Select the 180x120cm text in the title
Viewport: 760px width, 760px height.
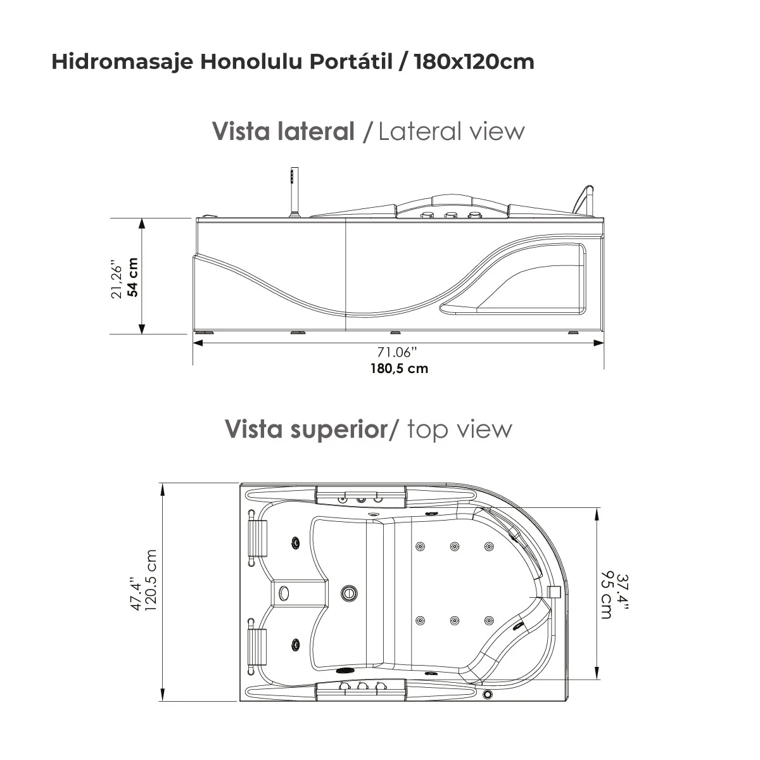[474, 61]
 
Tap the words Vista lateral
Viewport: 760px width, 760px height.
[283, 131]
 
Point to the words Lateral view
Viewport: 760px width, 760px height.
[452, 131]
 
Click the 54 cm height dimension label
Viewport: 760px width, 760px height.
[132, 277]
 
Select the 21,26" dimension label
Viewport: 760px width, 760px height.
[117, 277]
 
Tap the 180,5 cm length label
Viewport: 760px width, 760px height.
[399, 368]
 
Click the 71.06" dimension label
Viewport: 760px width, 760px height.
[398, 353]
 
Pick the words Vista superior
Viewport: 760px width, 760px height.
[306, 429]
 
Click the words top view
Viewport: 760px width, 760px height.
[459, 429]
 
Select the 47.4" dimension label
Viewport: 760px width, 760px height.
[136, 593]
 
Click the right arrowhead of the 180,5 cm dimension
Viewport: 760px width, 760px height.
[598, 343]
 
